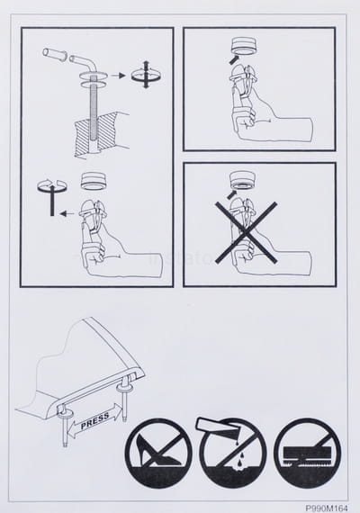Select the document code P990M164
(x=327, y=508)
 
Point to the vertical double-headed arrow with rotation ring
(x=147, y=75)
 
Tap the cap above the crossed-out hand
(x=243, y=180)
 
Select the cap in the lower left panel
(x=94, y=182)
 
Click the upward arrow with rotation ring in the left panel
(x=51, y=196)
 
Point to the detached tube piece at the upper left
(x=55, y=54)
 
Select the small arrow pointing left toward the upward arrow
(x=67, y=213)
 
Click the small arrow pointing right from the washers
(x=118, y=76)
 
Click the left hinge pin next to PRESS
(x=65, y=426)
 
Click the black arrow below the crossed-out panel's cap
(x=233, y=194)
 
